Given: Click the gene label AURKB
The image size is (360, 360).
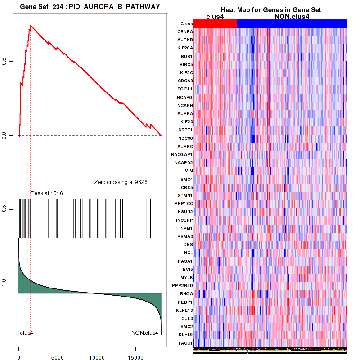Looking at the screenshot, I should (185, 40).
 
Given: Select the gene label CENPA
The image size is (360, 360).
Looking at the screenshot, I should (185, 32).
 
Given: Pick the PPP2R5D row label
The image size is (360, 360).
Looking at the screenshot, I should (182, 285).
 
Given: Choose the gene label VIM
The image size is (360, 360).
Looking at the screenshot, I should (189, 171).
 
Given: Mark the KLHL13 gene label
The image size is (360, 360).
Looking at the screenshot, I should (184, 310).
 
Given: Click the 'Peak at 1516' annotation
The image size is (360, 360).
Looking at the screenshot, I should (46, 193).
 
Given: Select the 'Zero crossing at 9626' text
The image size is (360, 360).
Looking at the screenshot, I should (121, 182).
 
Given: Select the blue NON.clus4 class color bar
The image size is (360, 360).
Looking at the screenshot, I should (292, 23).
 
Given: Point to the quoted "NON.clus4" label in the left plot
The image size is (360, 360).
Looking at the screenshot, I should (144, 333).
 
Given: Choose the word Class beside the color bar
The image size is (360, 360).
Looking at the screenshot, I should (186, 24).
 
